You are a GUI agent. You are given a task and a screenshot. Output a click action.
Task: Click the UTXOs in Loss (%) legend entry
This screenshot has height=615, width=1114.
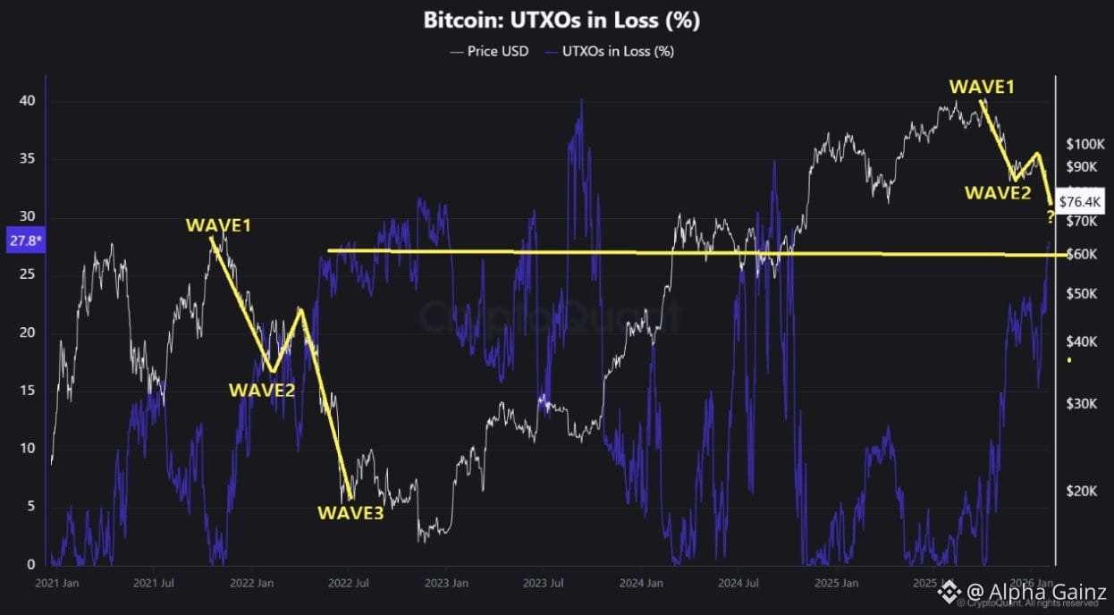pos(617,51)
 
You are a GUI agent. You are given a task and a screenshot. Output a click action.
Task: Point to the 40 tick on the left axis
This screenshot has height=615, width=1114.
pos(28,101)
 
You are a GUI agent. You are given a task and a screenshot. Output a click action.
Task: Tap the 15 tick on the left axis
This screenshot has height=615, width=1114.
pos(28,391)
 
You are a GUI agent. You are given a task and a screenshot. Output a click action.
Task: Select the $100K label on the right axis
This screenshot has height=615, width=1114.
pos(1086,145)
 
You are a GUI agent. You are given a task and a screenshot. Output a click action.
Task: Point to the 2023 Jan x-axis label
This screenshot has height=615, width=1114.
pos(446,583)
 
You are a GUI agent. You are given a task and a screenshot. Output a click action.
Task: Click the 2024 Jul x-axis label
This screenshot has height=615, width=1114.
pos(741,583)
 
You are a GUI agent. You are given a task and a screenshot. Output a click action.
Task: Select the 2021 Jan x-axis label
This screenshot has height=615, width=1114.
pos(56,583)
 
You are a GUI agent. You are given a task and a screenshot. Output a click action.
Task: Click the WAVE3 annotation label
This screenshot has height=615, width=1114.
pos(350,513)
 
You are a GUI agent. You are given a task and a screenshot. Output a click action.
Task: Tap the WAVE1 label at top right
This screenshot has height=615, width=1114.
pos(982,87)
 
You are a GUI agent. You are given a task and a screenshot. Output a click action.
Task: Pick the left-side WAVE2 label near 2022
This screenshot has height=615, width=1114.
pos(262,390)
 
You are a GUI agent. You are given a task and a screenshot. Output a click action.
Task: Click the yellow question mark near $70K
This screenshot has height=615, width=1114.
pos(1050,217)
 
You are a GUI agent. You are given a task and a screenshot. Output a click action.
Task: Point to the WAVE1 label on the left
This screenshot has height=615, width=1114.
pos(218,225)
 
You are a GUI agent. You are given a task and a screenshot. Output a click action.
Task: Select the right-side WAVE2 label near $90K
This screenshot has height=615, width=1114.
pos(997,192)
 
